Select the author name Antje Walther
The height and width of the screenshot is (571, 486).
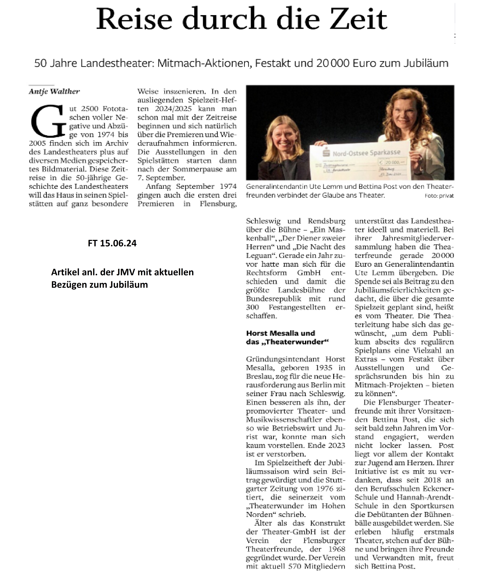pos(54,91)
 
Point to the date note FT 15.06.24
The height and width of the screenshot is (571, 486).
pos(112,243)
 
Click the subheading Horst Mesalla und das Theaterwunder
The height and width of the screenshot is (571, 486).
pos(287,337)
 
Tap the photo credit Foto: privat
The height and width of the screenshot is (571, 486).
pos(439,196)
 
